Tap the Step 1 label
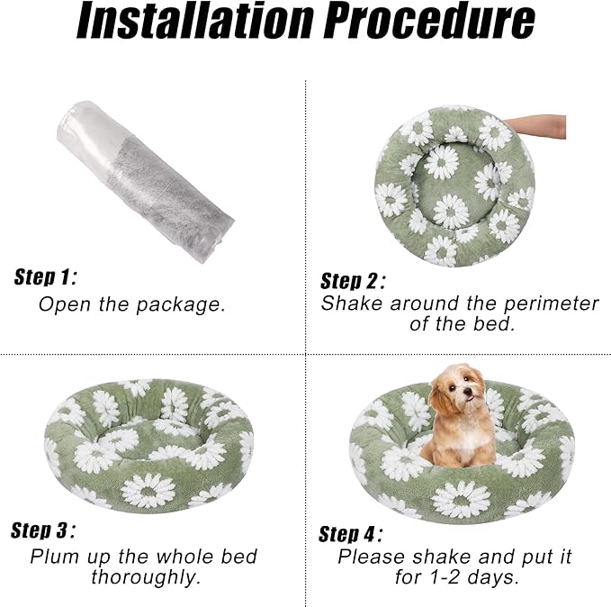click(46, 276)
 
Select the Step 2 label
click(353, 280)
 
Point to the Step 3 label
click(43, 530)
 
